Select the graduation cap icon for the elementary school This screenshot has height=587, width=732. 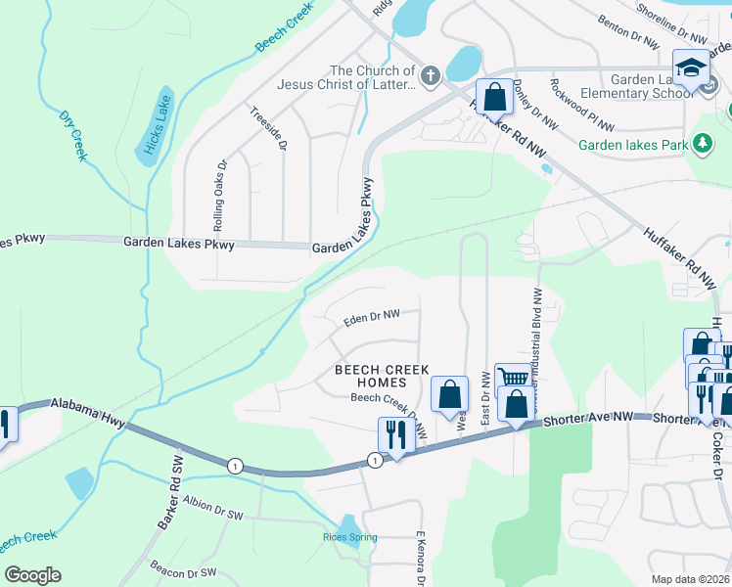coord(691,68)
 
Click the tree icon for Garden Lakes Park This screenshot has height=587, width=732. coord(701,145)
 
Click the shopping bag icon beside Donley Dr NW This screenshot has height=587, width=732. coord(495,98)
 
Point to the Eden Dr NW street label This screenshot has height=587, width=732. coord(372,315)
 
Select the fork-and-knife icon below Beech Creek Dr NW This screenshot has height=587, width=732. coord(396,434)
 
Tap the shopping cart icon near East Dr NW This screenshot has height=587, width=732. coord(512,380)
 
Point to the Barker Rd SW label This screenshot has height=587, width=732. coord(171,497)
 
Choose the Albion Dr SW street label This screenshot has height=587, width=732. coord(212,513)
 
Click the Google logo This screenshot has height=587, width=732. coord(32,574)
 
